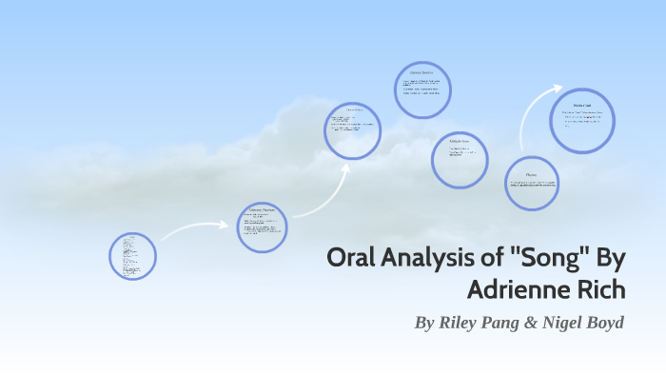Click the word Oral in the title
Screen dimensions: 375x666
pyautogui.click(x=352, y=258)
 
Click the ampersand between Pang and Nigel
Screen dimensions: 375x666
pyautogui.click(x=541, y=323)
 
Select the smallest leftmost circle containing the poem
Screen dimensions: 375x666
pyautogui.click(x=132, y=255)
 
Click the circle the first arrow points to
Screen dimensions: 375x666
pyautogui.click(x=262, y=227)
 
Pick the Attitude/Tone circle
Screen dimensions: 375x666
pyautogui.click(x=460, y=159)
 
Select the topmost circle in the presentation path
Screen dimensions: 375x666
pyautogui.click(x=422, y=90)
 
